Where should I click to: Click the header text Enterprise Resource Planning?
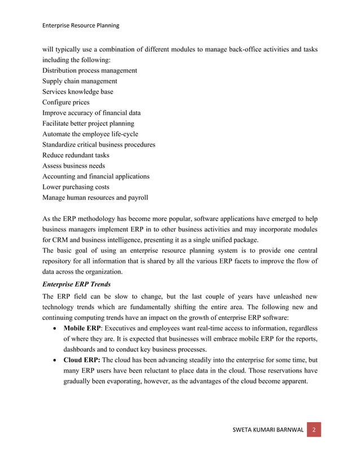[x=81, y=25]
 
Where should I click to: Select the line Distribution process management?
[x=90, y=71]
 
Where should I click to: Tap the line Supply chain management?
[x=80, y=81]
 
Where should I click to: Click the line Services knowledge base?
[x=77, y=92]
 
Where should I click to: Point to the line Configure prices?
[x=65, y=103]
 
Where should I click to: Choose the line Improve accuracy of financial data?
[x=91, y=113]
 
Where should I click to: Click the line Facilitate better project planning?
[x=88, y=124]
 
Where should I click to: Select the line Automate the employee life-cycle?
[x=90, y=134]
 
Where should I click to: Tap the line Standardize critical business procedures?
[x=99, y=144]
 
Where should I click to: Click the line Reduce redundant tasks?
[x=76, y=155]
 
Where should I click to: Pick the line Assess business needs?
[x=73, y=166]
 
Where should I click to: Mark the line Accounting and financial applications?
[x=96, y=177]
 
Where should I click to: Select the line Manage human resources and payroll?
[x=95, y=197]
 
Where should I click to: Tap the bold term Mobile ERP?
[x=82, y=328]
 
